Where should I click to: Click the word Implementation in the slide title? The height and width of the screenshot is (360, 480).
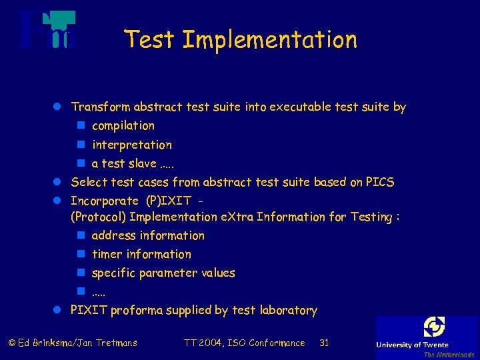click(269, 40)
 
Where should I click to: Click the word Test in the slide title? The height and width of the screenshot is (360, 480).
click(150, 40)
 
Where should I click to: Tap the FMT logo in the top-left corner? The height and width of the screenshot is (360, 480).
click(47, 31)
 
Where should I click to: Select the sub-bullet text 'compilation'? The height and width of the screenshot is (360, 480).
click(123, 126)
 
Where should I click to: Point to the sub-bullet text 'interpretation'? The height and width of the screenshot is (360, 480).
click(132, 145)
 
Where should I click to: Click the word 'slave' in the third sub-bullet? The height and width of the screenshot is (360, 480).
click(142, 163)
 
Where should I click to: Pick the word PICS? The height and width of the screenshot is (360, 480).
click(380, 182)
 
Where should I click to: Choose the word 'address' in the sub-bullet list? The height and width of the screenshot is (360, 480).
click(113, 235)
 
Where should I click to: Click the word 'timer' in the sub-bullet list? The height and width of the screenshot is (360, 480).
click(107, 254)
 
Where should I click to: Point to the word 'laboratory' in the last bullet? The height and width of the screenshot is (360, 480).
click(288, 310)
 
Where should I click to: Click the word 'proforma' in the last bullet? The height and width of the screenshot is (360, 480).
click(136, 310)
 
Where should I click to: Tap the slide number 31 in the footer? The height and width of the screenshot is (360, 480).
click(325, 343)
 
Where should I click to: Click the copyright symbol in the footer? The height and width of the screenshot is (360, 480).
click(11, 343)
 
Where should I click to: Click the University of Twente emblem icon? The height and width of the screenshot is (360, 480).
click(434, 327)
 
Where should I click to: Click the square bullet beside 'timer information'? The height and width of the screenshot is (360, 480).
click(81, 254)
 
